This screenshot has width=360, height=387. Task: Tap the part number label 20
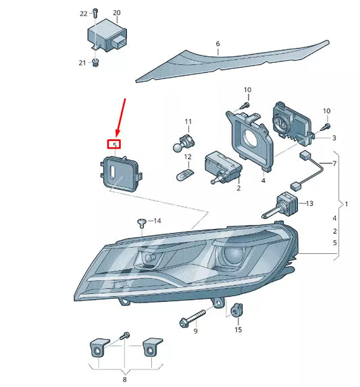(x=116, y=13)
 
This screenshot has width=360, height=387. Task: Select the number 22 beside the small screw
(x=83, y=13)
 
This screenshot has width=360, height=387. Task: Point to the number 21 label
(x=82, y=63)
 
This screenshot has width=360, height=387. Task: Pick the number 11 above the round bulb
(x=188, y=122)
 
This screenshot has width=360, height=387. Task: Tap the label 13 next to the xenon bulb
(x=310, y=203)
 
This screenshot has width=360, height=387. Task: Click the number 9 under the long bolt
(x=195, y=331)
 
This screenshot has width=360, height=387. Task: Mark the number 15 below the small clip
(x=238, y=330)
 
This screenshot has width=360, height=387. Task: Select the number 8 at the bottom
(x=124, y=380)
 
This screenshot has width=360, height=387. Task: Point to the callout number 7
(x=333, y=164)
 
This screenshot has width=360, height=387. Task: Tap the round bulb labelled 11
(x=180, y=143)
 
